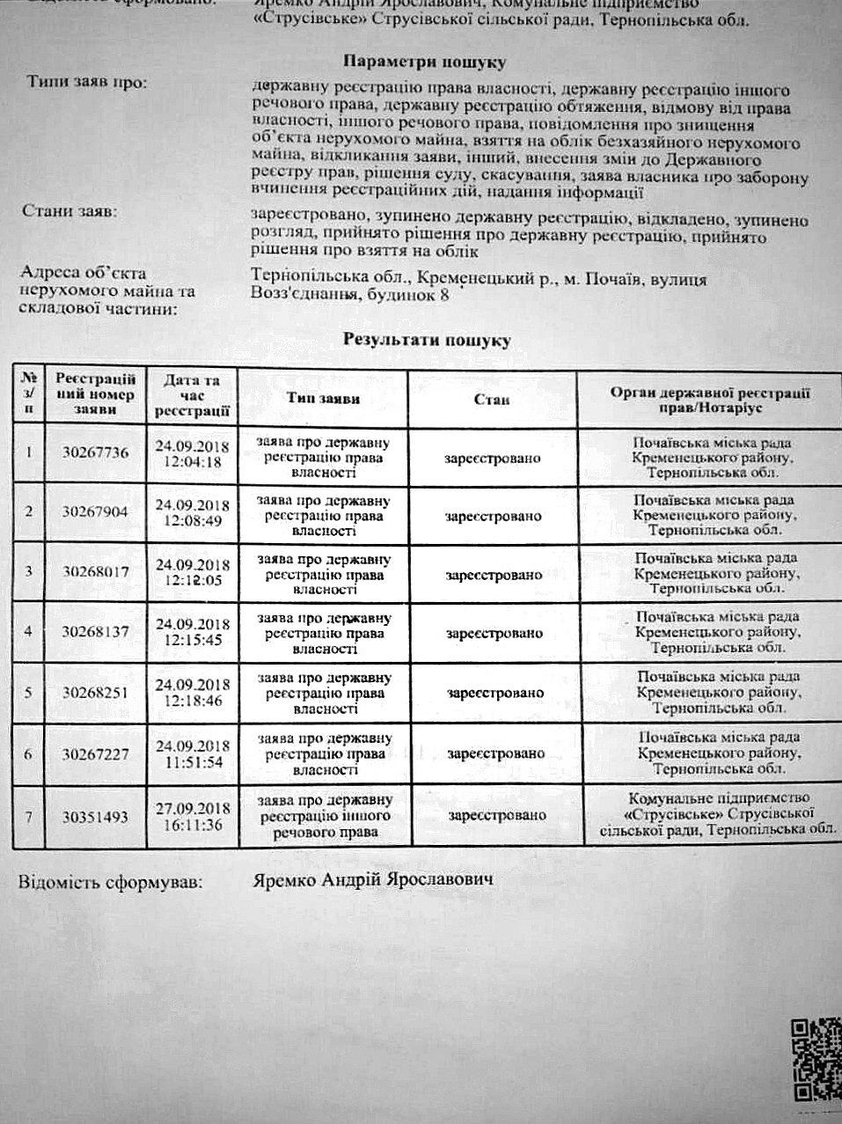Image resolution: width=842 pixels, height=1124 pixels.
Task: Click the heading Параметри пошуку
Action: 423,63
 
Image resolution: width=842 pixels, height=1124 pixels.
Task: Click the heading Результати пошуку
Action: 427,340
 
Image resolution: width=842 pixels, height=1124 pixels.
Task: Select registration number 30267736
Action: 96,452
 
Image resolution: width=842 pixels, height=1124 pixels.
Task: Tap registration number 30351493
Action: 96,817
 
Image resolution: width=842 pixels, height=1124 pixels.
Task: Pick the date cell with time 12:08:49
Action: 193,512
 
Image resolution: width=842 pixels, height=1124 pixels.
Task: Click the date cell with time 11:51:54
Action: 194,754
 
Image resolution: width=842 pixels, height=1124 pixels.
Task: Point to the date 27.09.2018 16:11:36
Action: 193,816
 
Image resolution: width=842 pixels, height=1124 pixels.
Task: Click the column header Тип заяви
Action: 323,399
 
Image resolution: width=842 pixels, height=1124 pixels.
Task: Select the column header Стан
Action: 492,400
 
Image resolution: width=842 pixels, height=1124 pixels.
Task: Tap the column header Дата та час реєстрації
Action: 192,395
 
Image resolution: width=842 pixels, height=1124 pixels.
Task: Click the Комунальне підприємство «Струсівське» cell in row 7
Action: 715,813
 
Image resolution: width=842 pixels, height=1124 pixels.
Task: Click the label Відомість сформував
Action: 109,881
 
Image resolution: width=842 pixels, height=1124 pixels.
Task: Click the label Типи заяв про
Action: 86,83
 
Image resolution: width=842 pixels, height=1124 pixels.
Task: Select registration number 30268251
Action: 95,692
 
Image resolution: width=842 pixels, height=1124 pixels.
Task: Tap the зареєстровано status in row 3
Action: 494,575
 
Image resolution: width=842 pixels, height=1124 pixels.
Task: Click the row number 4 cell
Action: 29,631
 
